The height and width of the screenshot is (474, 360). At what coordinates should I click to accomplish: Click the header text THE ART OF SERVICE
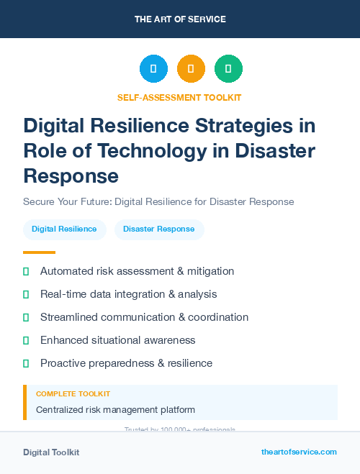tap(180, 19)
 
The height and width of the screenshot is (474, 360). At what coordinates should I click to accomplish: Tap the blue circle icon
tap(153, 69)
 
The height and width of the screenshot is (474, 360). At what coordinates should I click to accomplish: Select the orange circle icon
tap(191, 69)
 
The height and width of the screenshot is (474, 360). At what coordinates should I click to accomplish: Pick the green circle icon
tap(228, 69)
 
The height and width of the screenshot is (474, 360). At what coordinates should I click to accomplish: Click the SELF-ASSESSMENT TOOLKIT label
tap(179, 98)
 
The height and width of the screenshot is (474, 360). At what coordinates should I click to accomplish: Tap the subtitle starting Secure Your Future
tap(158, 201)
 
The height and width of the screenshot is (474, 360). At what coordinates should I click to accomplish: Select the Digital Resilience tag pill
tap(64, 229)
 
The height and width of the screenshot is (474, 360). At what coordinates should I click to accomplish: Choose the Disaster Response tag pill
tap(158, 229)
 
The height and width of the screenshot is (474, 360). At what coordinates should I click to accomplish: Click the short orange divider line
tap(39, 252)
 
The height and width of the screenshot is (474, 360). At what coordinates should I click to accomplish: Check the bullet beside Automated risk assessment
tap(26, 271)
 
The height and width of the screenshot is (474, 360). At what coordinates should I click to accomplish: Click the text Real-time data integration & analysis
tap(128, 294)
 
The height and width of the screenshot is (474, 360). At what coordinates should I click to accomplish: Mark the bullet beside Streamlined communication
tap(26, 317)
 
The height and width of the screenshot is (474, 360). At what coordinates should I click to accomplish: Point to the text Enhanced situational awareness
tap(117, 340)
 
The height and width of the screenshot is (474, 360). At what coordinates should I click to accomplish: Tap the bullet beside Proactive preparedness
tap(26, 363)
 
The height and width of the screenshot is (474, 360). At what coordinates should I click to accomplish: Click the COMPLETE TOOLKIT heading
tap(73, 394)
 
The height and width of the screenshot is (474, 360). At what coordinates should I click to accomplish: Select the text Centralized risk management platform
tap(115, 410)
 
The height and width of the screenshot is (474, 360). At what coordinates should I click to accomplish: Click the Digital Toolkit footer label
tap(51, 452)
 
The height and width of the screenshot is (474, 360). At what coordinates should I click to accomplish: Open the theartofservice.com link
tap(299, 452)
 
